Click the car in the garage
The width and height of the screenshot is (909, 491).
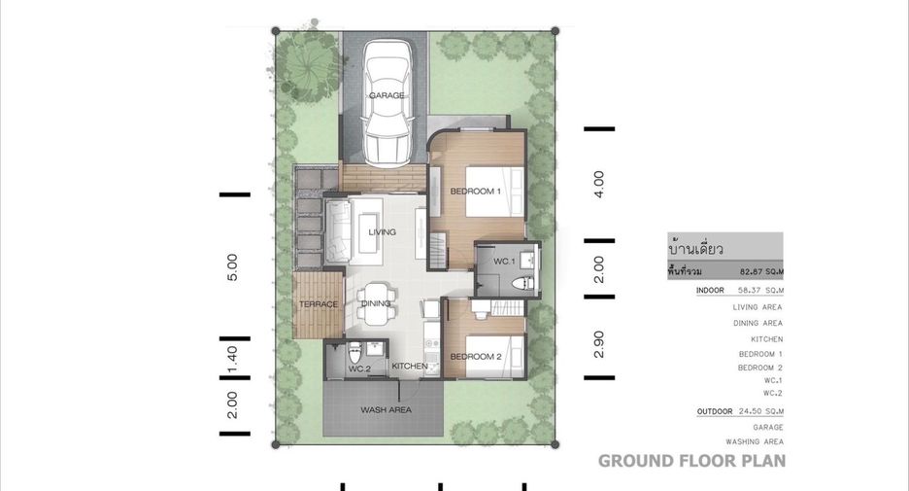387,103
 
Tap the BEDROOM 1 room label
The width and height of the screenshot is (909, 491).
475,191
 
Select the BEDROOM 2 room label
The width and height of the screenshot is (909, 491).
475,357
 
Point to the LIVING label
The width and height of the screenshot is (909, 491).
382,231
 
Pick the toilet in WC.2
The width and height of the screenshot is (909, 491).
354,352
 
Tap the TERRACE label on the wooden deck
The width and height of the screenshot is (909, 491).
319,304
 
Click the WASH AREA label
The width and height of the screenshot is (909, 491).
387,409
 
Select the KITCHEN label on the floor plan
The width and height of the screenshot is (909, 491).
410,366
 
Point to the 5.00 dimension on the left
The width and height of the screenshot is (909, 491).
232,267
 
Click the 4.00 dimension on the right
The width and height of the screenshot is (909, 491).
599,185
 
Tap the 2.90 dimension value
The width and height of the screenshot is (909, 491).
599,344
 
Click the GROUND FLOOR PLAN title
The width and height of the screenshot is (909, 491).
692,461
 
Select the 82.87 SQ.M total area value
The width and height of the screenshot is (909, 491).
761,271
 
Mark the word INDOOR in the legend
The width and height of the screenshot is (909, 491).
710,290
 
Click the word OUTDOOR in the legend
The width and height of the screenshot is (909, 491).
715,411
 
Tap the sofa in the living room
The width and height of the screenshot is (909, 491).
337,232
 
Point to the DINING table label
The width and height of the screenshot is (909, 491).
376,303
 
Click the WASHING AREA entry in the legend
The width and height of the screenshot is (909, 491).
755,441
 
